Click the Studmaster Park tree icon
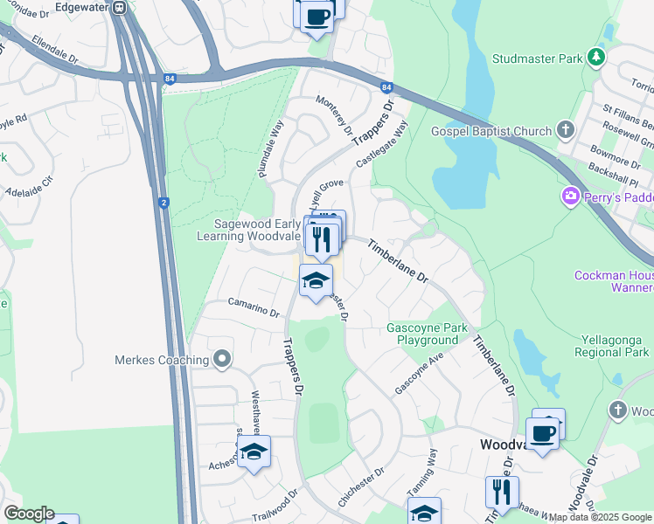point(597,58)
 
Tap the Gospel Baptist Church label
point(491,131)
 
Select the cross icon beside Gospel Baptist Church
point(566,131)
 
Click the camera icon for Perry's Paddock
point(571,196)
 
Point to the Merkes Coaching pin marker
point(222,359)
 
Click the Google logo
point(29,514)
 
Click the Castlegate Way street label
point(382,144)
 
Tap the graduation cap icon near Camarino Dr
point(316,280)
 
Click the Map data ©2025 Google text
point(600,517)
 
